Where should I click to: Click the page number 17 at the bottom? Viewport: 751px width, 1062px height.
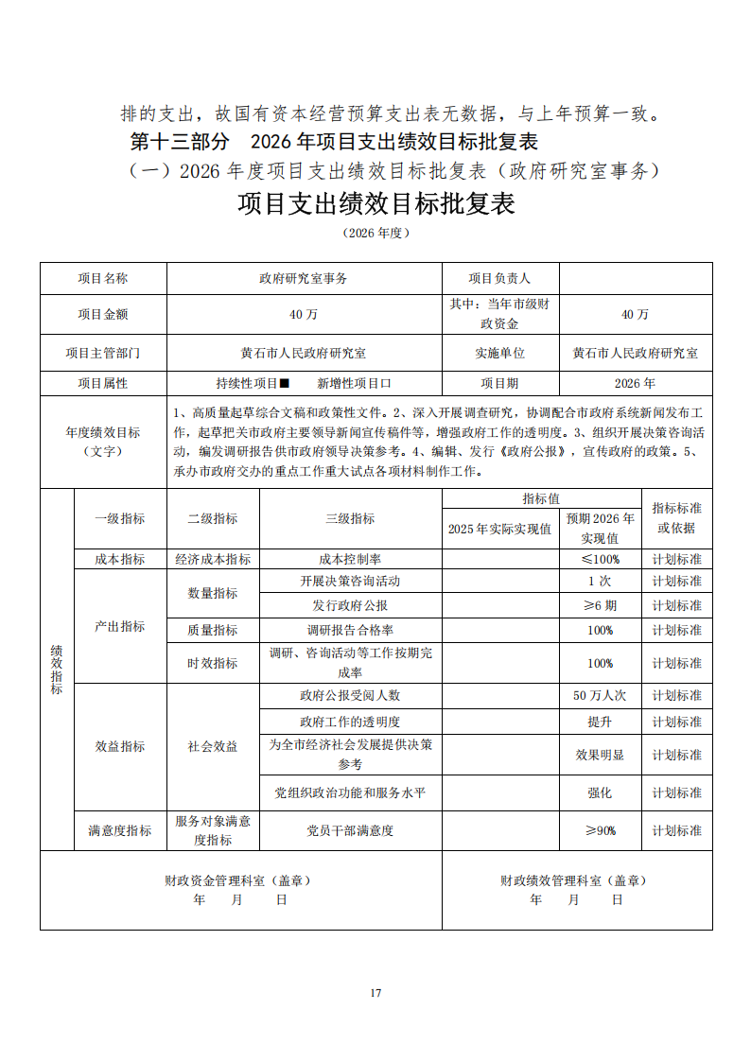375,992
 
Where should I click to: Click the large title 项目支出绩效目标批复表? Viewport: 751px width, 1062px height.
375,203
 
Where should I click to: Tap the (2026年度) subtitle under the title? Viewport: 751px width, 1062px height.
375,233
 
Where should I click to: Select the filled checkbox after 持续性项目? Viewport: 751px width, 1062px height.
284,384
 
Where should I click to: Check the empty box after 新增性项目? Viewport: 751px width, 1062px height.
386,384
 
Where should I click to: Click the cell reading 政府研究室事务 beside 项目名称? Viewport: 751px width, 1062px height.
304,278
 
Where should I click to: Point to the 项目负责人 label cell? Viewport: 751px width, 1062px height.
499,278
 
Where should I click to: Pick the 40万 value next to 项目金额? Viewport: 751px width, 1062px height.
304,314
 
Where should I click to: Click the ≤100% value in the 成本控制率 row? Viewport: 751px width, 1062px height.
600,559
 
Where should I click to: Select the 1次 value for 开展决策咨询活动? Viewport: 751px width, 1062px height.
600,581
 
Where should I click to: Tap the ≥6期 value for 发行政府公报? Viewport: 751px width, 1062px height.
600,605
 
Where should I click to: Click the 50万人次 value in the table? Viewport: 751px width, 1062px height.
600,695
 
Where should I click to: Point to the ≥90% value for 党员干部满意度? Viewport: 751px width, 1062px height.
600,830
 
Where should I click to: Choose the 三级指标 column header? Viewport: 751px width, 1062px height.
350,518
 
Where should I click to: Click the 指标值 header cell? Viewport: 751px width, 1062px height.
541,498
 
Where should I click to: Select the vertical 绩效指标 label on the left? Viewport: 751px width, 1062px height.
57,670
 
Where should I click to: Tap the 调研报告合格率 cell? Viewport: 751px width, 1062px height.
350,630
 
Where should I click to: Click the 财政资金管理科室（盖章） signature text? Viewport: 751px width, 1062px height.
237,880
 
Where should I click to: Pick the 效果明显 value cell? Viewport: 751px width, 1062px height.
600,756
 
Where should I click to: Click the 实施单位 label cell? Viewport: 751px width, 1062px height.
499,353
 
